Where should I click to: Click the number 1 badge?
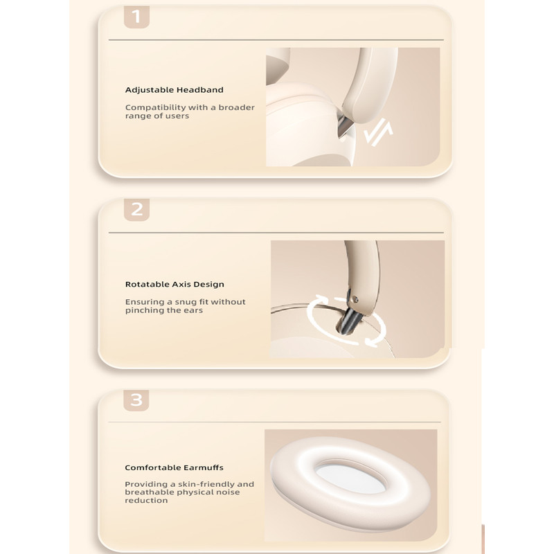coord(136,17)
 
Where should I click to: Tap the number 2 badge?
coord(136,210)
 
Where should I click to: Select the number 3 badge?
coord(136,400)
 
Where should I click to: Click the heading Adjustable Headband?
coord(175,90)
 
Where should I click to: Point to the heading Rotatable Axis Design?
coord(175,285)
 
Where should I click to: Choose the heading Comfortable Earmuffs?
coord(175,467)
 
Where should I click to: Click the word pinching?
coord(144,310)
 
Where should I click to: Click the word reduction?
coord(146,500)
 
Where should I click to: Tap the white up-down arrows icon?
coord(378,132)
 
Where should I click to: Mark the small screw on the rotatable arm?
coord(355,300)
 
